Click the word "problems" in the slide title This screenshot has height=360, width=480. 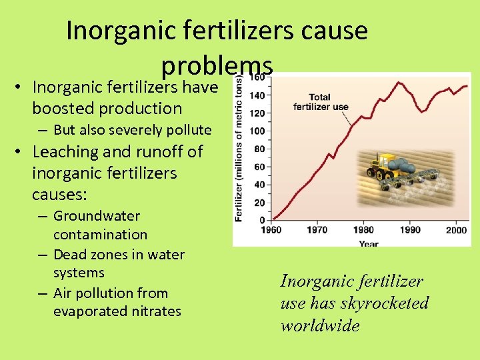(217, 65)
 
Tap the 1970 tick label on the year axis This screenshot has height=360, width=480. (317, 230)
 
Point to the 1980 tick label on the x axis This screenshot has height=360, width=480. (364, 230)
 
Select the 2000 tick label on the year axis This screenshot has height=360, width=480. (456, 230)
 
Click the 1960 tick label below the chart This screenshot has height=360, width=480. (271, 230)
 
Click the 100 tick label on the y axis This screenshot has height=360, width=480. (257, 131)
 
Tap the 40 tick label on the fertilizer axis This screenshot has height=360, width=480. (259, 185)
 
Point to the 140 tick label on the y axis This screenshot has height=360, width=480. (257, 95)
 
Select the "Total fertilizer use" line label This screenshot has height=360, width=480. (320, 103)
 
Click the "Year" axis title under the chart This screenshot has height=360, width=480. (369, 244)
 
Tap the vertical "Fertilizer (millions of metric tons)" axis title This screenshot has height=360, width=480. (239, 148)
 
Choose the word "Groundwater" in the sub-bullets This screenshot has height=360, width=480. (97, 216)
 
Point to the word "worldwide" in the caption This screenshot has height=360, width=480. (320, 325)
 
